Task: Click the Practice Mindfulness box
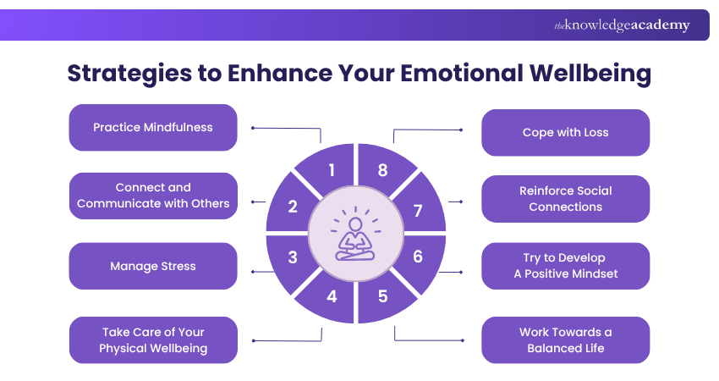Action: pyautogui.click(x=152, y=128)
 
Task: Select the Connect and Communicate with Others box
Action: pyautogui.click(x=152, y=196)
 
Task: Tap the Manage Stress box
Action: pyautogui.click(x=152, y=266)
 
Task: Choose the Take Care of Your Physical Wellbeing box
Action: pyautogui.click(x=152, y=340)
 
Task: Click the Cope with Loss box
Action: pyautogui.click(x=565, y=133)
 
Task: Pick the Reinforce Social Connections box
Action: pyautogui.click(x=565, y=199)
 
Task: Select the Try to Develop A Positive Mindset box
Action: pyautogui.click(x=565, y=266)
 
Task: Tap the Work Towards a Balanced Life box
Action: pyautogui.click(x=565, y=340)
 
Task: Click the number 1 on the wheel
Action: pyautogui.click(x=332, y=170)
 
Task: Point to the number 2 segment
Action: pyautogui.click(x=292, y=206)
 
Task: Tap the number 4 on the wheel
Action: pyautogui.click(x=332, y=296)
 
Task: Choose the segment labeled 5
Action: pyautogui.click(x=382, y=296)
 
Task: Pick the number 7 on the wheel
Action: pyautogui.click(x=418, y=207)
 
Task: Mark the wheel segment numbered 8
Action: pyautogui.click(x=382, y=170)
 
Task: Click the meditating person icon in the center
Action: pyautogui.click(x=355, y=234)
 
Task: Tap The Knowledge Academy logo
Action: pyautogui.click(x=622, y=25)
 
